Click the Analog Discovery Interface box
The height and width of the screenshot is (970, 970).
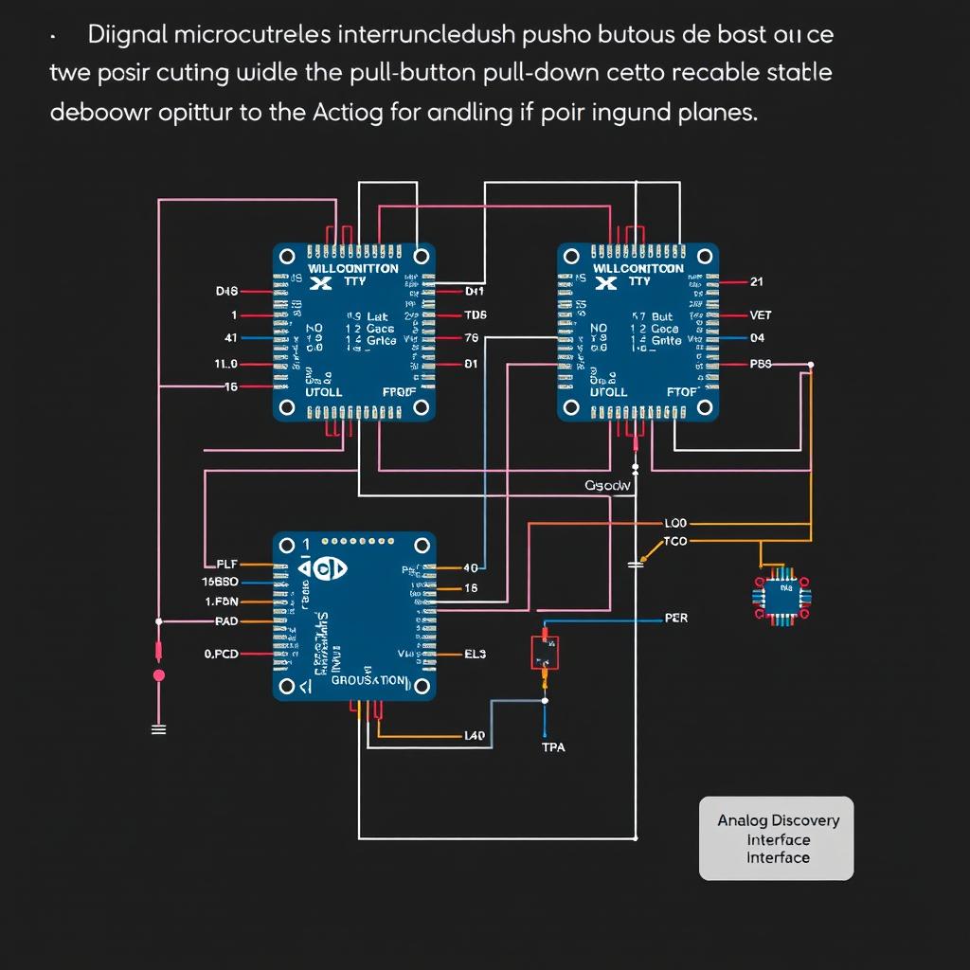[777, 838]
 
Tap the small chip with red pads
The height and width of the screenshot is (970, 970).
[782, 597]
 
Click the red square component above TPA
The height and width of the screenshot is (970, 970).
[545, 653]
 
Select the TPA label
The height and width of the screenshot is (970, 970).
[553, 747]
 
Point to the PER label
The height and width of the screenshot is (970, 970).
[676, 618]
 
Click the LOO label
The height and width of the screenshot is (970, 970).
[676, 523]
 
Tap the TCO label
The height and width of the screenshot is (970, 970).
[676, 541]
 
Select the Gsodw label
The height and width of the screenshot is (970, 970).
[607, 485]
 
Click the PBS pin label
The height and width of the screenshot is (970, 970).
[761, 364]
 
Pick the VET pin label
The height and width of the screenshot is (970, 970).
[761, 315]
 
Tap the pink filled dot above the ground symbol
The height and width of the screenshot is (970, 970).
[159, 675]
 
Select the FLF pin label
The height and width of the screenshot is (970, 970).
[226, 564]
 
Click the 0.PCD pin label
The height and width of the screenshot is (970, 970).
[222, 654]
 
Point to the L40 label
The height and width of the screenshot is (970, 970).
[475, 735]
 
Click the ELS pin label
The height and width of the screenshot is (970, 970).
[476, 654]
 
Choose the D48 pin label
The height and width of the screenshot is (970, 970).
[227, 292]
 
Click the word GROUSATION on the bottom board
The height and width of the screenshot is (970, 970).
[368, 680]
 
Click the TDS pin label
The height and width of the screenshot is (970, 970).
[476, 315]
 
